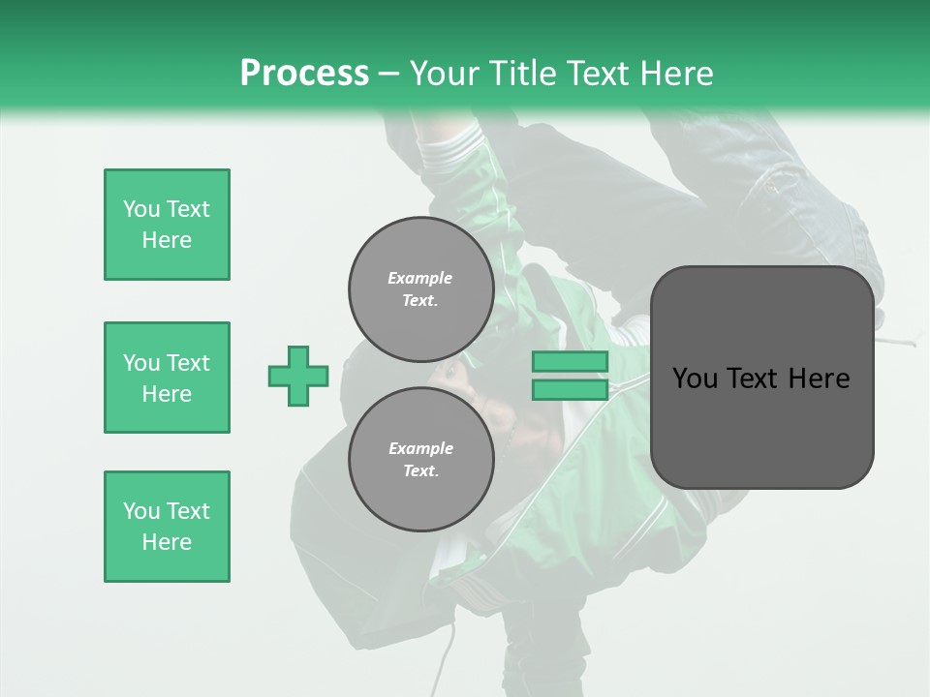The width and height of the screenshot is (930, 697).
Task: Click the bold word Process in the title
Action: (304, 73)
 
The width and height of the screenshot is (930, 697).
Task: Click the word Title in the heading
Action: (520, 73)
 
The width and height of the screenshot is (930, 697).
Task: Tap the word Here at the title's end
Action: (674, 73)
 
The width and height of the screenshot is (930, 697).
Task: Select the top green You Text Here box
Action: (167, 225)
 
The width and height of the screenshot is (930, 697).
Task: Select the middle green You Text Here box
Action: (167, 378)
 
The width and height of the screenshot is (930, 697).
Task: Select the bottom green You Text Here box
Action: (167, 527)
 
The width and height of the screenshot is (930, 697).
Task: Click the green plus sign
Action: (298, 376)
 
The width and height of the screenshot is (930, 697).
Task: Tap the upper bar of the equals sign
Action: (570, 361)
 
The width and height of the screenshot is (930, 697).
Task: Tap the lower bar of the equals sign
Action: (570, 390)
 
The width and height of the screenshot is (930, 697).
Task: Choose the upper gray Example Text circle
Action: (421, 289)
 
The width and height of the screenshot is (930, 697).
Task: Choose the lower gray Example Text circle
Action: (421, 460)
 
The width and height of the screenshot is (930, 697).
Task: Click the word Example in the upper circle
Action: (420, 278)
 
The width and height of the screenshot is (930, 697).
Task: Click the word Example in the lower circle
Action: (420, 448)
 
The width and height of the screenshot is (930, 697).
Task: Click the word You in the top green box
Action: (140, 209)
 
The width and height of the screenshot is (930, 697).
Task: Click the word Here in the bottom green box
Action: (167, 542)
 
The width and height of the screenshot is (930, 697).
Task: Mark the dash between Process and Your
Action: (389, 73)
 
